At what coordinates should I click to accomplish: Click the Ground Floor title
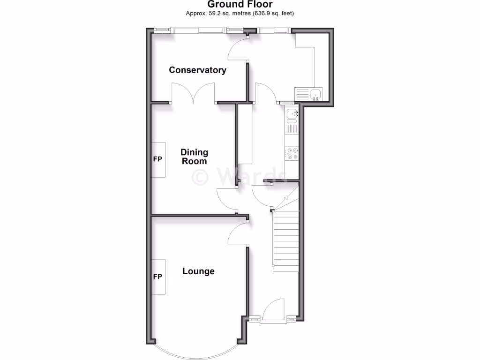(240, 5)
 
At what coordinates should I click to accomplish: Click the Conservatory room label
(197, 70)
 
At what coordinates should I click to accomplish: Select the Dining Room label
(194, 157)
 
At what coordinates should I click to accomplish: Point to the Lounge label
(198, 271)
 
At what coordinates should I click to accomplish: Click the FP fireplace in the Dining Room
(158, 159)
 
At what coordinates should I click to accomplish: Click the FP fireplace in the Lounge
(158, 277)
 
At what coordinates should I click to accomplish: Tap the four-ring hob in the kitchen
(292, 154)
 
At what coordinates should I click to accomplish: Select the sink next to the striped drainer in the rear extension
(315, 94)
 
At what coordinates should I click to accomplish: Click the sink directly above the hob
(292, 113)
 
